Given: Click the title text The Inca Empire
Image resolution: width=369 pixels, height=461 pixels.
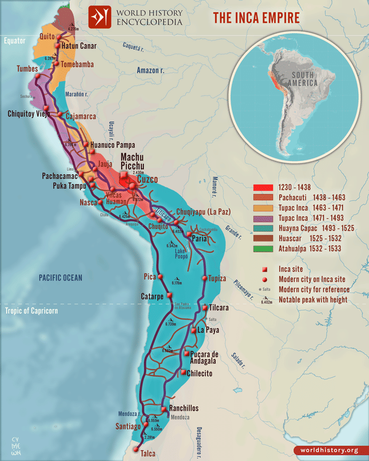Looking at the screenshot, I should tap(256, 17).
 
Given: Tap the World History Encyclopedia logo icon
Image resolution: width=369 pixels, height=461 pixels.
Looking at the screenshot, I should tap(100, 17).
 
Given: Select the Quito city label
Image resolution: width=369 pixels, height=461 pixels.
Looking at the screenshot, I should tap(48, 36).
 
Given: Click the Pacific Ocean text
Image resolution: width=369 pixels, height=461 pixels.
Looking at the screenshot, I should tap(60, 278).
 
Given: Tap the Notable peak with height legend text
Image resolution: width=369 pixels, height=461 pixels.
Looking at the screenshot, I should tap(314, 299).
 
